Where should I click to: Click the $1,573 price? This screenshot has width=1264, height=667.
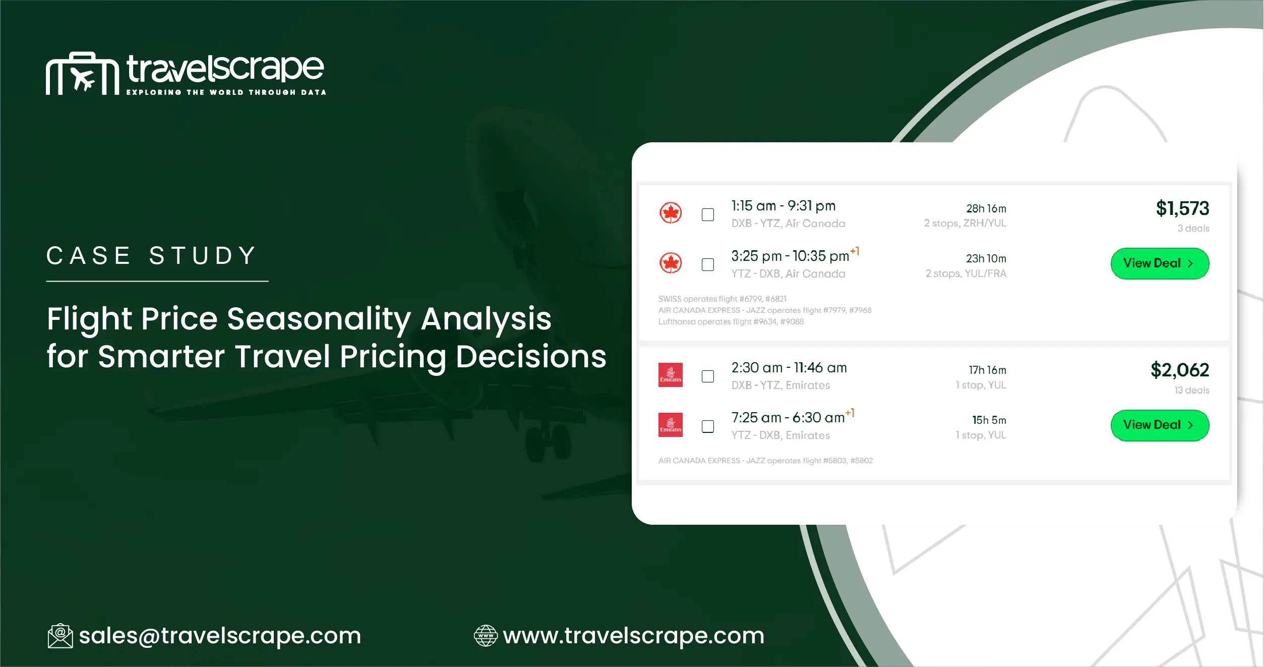1182,208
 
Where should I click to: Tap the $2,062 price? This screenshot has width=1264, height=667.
1180,370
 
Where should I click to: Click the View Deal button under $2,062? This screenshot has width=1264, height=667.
1159,425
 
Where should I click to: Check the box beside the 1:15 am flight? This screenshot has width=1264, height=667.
708,214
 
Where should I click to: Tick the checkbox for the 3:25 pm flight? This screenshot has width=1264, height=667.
708,264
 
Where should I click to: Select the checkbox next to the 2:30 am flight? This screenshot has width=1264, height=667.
708,376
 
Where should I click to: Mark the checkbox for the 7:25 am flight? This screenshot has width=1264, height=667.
708,426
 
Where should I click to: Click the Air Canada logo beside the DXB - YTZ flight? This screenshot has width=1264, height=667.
671,213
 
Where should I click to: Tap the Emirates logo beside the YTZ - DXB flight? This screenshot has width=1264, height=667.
671,425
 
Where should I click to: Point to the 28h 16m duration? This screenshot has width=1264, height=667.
986,208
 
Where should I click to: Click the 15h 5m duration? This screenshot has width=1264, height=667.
989,420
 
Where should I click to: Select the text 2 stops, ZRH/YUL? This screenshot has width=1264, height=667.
965,223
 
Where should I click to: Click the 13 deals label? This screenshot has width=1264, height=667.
1191,390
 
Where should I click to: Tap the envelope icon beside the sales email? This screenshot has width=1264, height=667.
60,636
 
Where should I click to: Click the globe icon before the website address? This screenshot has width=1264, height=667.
486,636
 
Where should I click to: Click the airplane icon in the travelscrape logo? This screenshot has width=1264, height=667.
83,79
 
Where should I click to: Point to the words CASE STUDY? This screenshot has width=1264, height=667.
151,256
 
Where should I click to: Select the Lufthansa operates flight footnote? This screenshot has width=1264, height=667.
731,322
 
